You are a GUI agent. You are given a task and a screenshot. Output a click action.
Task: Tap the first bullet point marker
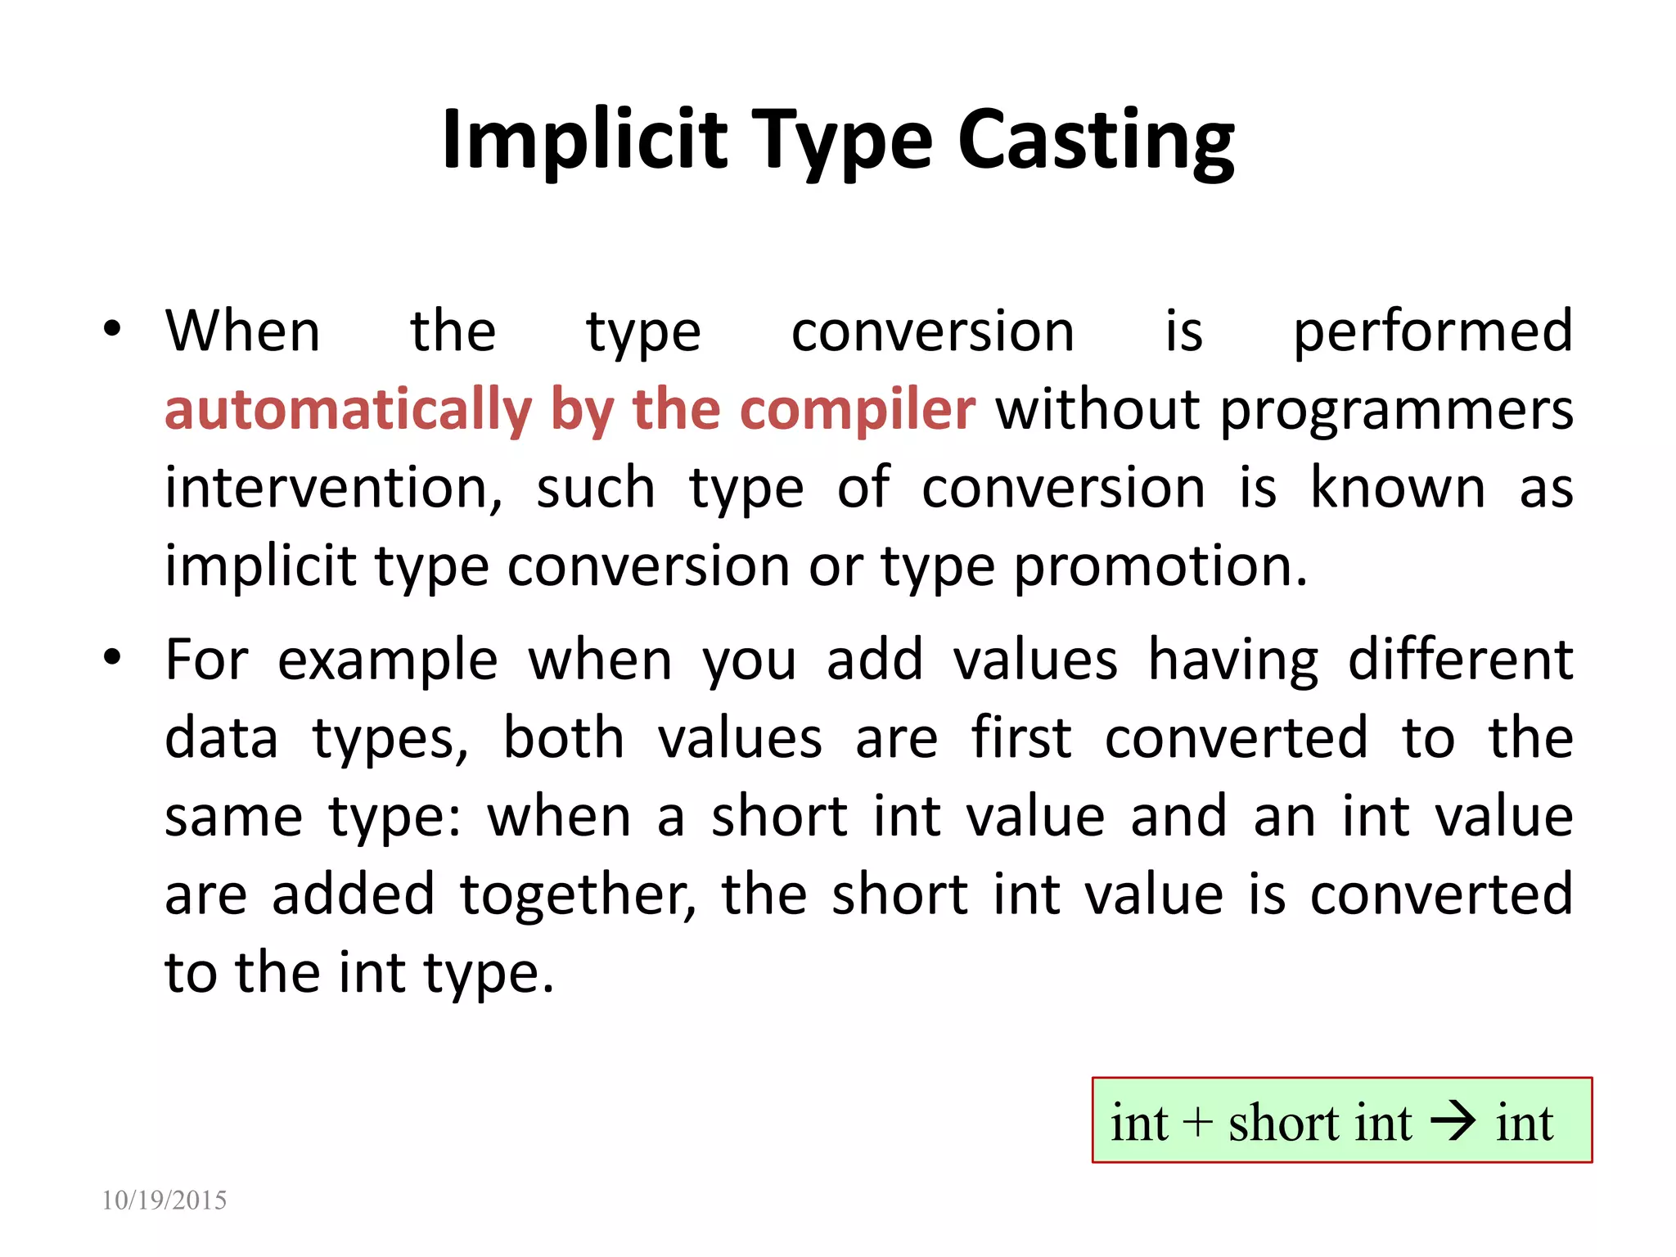click(x=112, y=330)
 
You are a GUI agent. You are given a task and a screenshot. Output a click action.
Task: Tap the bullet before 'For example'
click(x=112, y=657)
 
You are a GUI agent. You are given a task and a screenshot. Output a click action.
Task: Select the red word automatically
click(x=349, y=410)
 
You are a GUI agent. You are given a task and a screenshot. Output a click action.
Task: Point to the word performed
click(x=1432, y=332)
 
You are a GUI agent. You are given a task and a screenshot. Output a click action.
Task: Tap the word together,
click(x=578, y=894)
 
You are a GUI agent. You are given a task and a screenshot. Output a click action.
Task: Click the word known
click(x=1397, y=488)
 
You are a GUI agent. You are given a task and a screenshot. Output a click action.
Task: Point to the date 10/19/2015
click(x=164, y=1200)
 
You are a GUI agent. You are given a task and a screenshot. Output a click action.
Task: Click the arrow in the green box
click(x=1453, y=1122)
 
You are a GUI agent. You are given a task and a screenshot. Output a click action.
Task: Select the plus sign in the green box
click(x=1197, y=1122)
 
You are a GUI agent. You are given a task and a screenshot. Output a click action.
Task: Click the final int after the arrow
click(x=1524, y=1122)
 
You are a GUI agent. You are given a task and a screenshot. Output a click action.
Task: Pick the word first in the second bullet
click(x=1020, y=737)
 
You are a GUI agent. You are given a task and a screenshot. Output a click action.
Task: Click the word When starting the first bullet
click(x=242, y=331)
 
